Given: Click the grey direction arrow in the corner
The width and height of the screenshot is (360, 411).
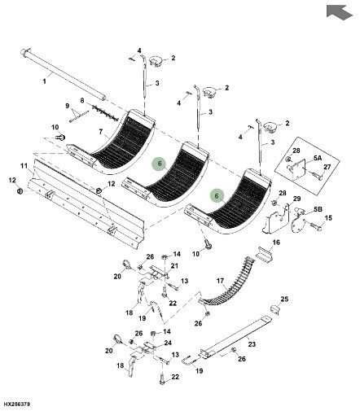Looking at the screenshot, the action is click(339, 12).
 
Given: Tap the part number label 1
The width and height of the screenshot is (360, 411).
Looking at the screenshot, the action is click(44, 81).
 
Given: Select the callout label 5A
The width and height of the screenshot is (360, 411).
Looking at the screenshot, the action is click(318, 158).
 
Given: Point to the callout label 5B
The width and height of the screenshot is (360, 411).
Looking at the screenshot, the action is click(318, 209).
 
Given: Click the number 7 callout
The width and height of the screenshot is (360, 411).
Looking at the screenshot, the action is click(101, 132).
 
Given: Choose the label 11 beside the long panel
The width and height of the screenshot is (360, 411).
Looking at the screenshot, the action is click(24, 166).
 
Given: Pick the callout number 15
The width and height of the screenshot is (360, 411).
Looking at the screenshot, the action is click(328, 218).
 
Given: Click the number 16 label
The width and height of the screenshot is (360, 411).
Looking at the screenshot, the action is click(276, 243).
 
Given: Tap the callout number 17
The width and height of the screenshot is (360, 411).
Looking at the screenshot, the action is click(220, 281).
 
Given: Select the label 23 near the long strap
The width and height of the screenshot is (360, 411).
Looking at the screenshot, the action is click(252, 344).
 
